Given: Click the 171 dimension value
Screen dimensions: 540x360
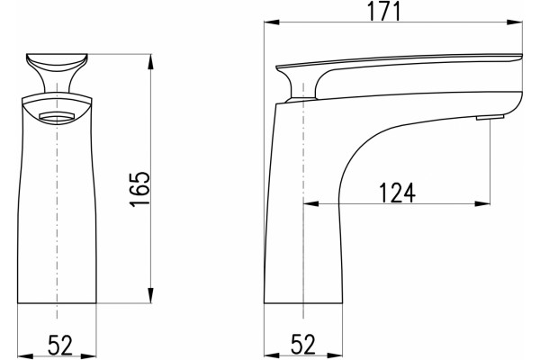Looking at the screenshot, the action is coord(384,11).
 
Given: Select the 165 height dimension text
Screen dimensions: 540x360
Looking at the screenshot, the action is coord(140,189).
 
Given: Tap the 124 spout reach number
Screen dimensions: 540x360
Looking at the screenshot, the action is coord(397,193).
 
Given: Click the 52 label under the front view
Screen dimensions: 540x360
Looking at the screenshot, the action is coord(60,345).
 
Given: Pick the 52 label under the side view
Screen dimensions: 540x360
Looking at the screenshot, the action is coord(303,345).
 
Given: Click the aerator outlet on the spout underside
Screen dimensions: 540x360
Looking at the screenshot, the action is coord(490,118).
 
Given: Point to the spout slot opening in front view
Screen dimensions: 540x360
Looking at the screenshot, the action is coord(57,117).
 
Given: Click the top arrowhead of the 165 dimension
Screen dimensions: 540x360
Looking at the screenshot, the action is coord(151,62).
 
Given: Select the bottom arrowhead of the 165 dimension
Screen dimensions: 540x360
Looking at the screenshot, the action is coord(151,295).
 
